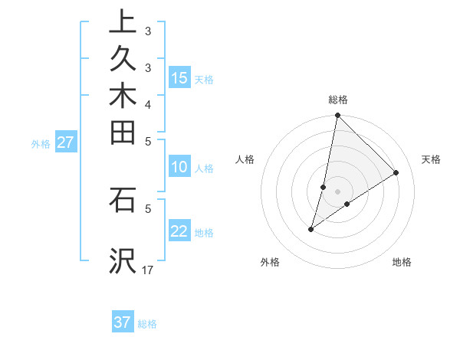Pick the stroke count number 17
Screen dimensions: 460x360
coord(148,270)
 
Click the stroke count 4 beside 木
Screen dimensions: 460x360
coord(148,104)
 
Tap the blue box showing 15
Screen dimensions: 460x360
coord(179,78)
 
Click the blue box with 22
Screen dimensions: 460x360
coord(179,231)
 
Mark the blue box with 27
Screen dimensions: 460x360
coord(65,142)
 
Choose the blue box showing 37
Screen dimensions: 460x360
coord(123,322)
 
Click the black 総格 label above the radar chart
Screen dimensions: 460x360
coord(338,100)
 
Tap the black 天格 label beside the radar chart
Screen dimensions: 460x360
coord(431,159)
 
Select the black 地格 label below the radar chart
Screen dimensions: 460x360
coord(402,262)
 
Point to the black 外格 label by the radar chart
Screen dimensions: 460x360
coord(270,262)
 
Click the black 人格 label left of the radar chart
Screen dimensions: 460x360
coord(245,159)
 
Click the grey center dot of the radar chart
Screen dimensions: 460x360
coord(338,191)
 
